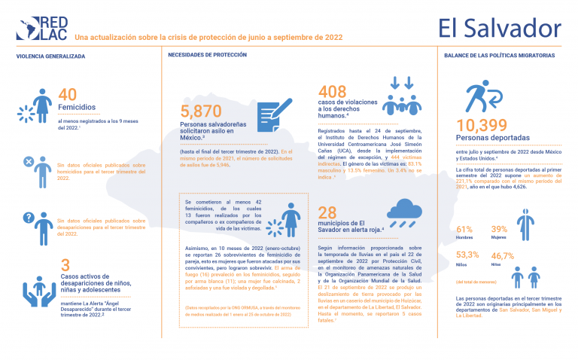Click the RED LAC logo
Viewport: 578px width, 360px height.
44,29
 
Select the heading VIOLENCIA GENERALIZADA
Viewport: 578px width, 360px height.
51,57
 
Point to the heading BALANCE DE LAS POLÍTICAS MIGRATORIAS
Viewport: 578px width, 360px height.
500,57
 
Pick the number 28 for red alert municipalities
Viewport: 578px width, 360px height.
327,213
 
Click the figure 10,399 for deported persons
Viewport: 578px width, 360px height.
488,125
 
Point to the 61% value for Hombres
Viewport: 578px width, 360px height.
464,229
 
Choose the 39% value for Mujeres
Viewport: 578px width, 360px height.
499,229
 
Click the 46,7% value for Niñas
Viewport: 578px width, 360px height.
503,256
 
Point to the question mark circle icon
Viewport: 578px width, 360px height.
28,218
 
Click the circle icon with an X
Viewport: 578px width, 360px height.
28,162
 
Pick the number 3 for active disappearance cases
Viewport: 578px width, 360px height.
65,265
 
